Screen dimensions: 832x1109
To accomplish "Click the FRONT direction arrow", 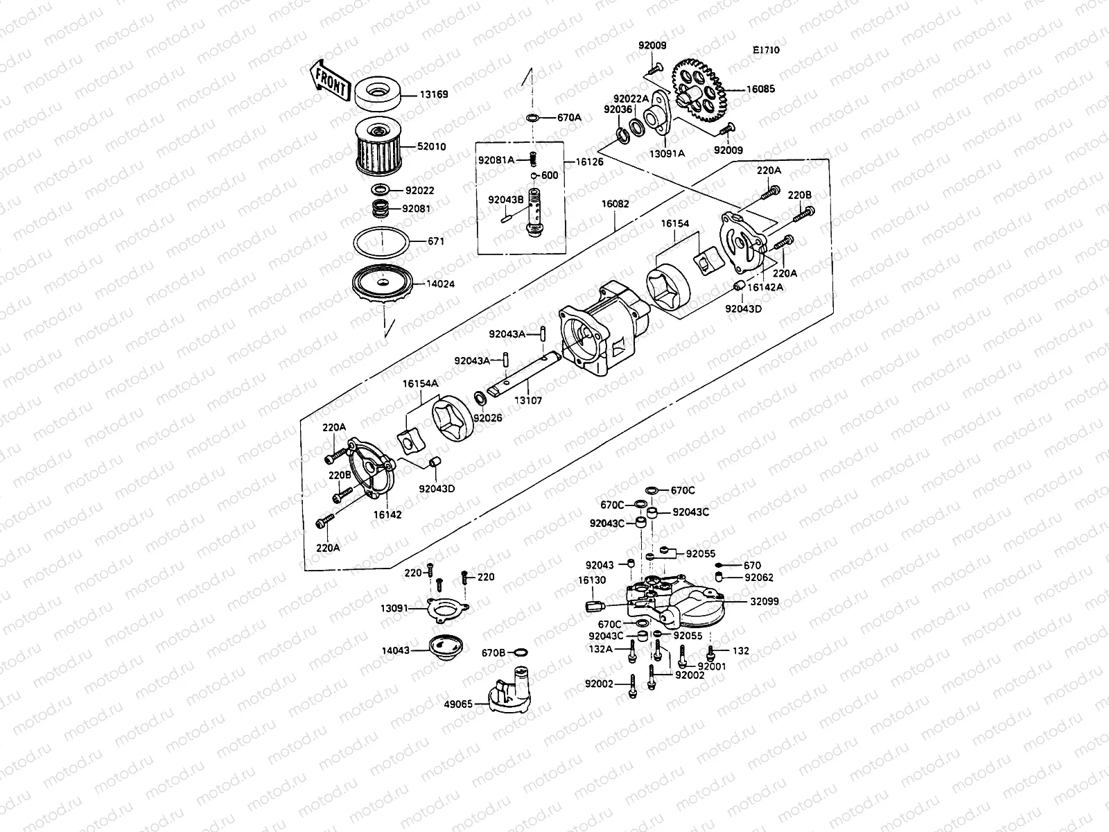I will coord(329,78).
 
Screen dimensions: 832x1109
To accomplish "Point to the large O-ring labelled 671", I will coord(380,243).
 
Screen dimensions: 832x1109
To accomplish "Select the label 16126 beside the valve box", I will coord(588,162).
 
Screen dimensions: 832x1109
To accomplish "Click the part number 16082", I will coord(615,205).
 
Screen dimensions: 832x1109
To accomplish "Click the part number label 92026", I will coord(488,418).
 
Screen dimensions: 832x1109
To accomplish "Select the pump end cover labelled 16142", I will coord(371,471).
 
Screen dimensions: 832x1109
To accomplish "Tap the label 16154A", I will coord(421,383).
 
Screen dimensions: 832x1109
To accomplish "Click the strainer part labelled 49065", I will coord(512,691).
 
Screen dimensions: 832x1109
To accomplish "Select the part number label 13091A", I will coord(667,153).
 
